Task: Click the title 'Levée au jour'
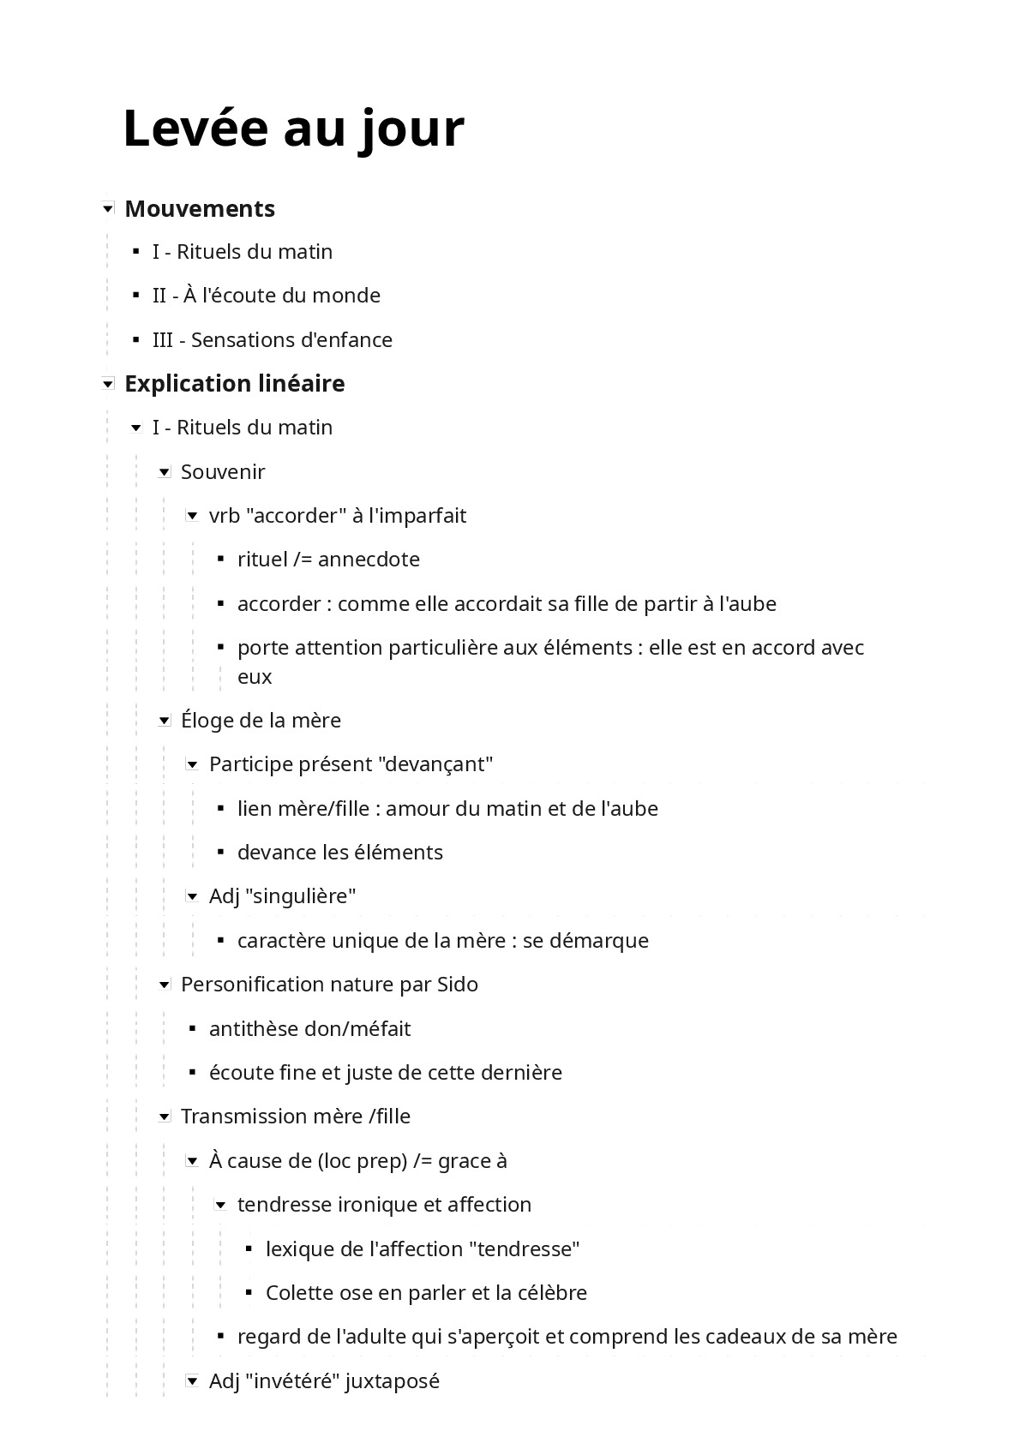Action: coord(293,129)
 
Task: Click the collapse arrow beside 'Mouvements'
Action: coord(108,208)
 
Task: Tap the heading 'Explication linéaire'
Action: coord(234,383)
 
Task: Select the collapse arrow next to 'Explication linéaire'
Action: coord(108,384)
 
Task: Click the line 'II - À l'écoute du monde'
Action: coord(266,296)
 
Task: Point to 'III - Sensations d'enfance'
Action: coord(272,339)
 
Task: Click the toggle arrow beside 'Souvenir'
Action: coord(165,472)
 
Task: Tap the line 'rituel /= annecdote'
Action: coord(328,560)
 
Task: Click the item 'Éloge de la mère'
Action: coord(261,720)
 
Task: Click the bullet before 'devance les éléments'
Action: coord(221,852)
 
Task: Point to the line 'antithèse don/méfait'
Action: coord(309,1028)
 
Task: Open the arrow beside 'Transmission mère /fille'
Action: coord(165,1117)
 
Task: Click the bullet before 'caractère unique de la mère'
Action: coord(221,940)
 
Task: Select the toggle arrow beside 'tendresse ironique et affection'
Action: coord(221,1205)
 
